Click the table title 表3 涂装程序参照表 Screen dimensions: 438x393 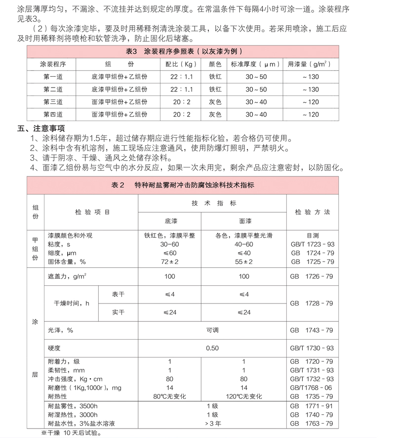click(x=183, y=51)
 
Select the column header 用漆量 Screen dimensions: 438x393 click(x=310, y=64)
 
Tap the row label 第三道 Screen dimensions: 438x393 click(x=53, y=102)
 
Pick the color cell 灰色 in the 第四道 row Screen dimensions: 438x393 click(x=215, y=115)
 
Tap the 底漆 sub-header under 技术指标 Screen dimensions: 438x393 click(x=169, y=220)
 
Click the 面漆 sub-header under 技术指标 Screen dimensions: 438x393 click(x=244, y=220)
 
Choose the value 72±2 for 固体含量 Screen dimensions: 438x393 click(x=169, y=262)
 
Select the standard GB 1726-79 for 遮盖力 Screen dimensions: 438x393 click(x=313, y=276)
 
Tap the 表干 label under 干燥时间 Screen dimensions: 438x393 click(x=118, y=294)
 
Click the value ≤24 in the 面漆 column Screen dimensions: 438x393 click(x=244, y=312)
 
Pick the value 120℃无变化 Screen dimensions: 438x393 click(x=244, y=396)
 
